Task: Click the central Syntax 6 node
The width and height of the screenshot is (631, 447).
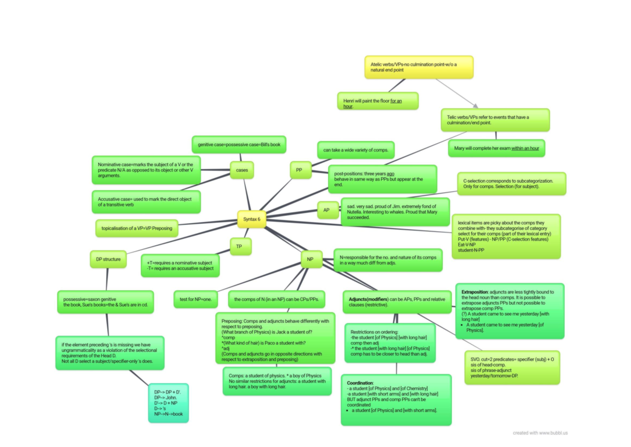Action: click(252, 219)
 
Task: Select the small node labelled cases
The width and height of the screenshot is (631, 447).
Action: click(242, 170)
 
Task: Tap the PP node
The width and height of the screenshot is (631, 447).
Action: click(300, 170)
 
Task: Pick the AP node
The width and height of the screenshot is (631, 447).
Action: click(327, 210)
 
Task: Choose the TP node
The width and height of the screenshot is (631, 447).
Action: click(240, 246)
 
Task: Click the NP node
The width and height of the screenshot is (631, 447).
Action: click(311, 259)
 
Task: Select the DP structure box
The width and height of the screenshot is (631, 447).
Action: click(108, 259)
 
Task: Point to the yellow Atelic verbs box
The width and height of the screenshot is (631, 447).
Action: click(419, 67)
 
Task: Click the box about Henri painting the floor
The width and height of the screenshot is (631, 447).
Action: click(377, 101)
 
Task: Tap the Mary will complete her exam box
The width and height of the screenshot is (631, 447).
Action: click(496, 148)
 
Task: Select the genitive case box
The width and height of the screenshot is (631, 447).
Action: click(239, 144)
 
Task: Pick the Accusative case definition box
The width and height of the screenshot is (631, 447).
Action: click(146, 202)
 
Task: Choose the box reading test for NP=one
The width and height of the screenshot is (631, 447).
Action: click(196, 299)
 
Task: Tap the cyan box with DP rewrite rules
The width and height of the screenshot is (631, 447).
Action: click(168, 403)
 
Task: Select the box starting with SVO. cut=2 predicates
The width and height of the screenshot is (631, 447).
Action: click(512, 367)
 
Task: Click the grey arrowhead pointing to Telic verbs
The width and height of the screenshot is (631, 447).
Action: click(475, 105)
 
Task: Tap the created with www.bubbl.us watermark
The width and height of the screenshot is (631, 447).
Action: click(540, 433)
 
